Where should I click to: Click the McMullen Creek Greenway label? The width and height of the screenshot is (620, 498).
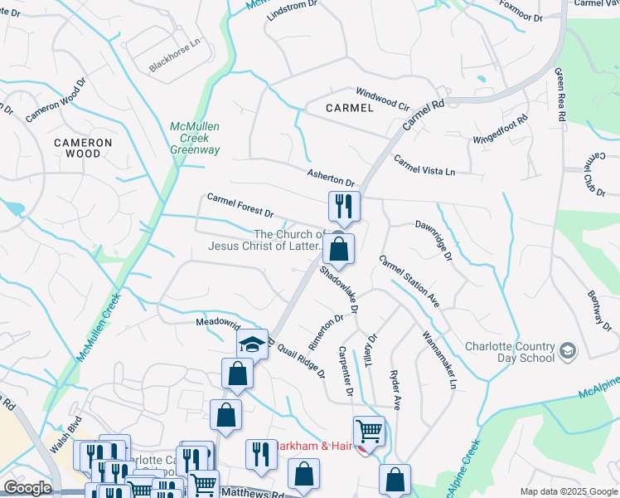point(195,138)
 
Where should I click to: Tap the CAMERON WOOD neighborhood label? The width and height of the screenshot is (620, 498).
point(83,148)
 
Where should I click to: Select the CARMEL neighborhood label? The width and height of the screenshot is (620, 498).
point(350,108)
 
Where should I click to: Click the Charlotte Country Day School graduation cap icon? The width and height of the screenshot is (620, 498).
point(567,352)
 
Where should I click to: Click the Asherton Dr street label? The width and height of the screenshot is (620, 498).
point(331,177)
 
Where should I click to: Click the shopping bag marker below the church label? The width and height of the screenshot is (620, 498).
point(338,249)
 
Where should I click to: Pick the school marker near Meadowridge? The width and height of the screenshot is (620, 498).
point(253,344)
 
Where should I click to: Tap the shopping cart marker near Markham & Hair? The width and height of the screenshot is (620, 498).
point(369,432)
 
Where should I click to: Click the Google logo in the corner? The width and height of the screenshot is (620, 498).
point(27,488)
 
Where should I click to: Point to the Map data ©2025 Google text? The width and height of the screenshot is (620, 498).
point(569,491)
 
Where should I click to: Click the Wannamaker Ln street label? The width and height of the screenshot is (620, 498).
point(439,360)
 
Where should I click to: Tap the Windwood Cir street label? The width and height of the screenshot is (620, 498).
point(382,99)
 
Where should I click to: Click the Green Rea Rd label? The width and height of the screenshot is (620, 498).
point(560,94)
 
